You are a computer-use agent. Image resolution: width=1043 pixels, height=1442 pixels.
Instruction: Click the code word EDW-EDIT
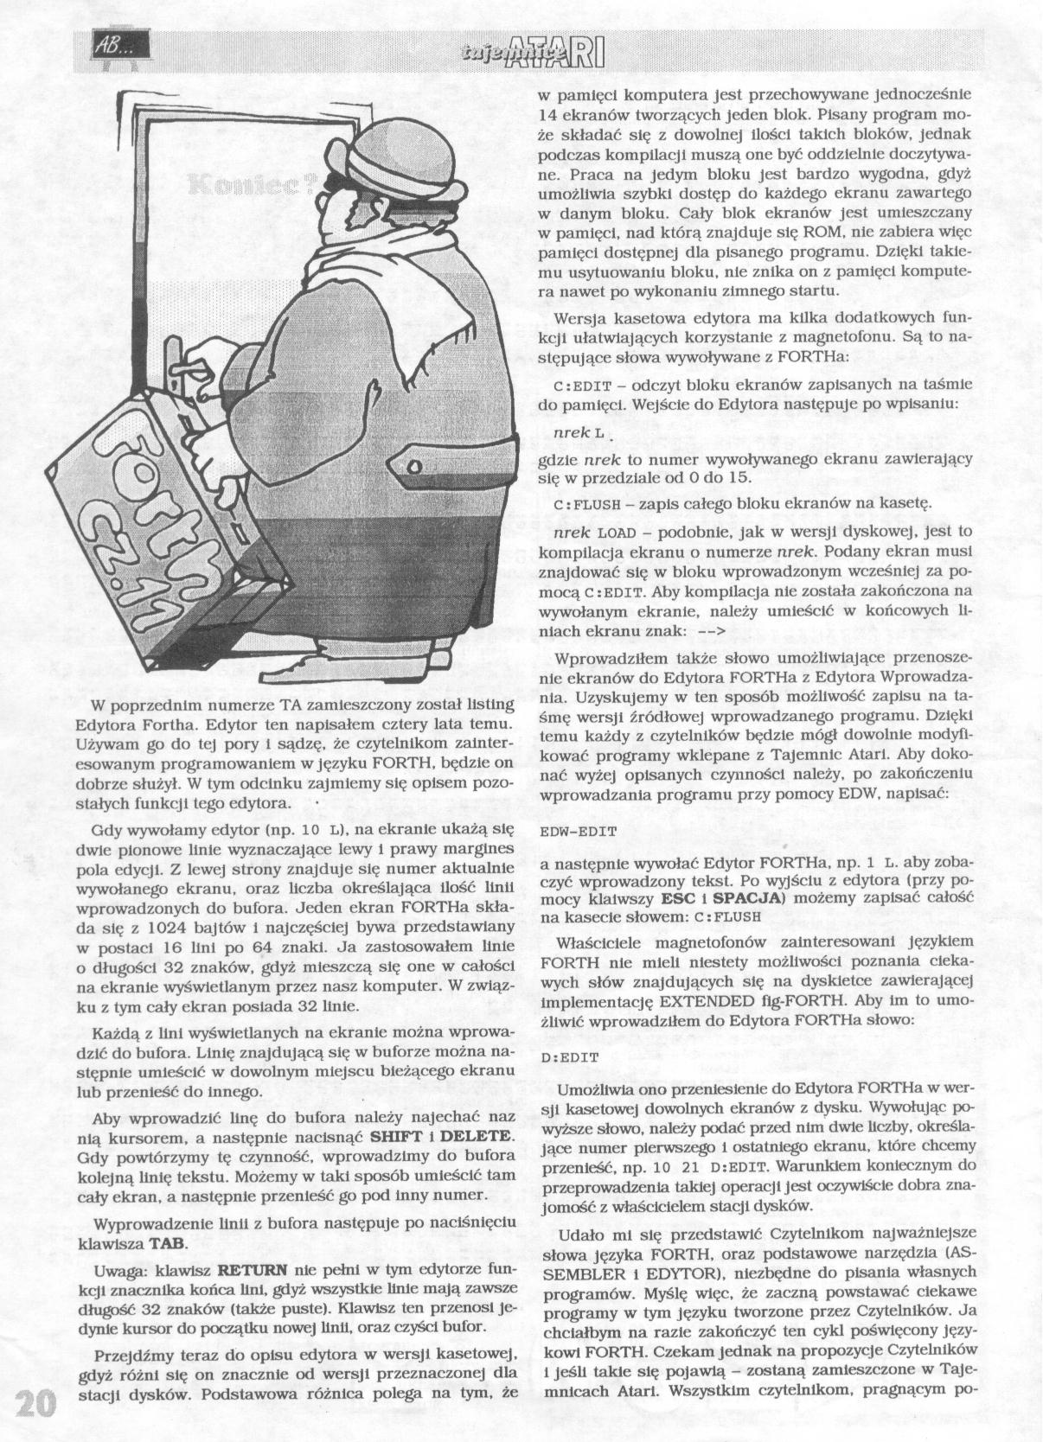578,831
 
